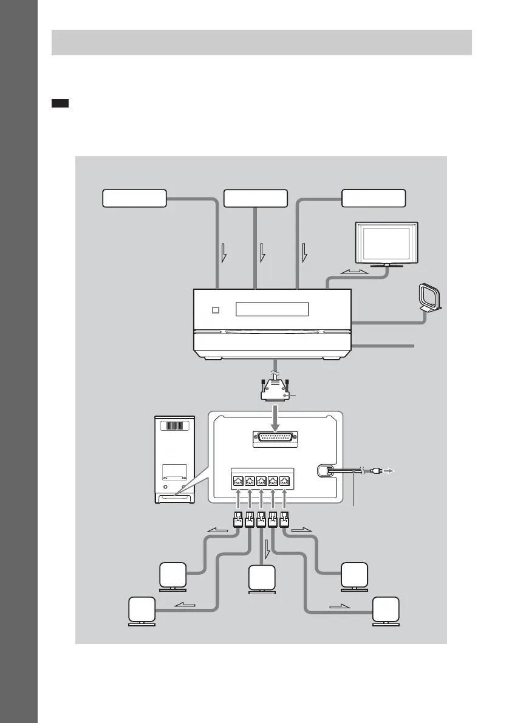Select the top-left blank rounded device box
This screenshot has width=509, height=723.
(134, 198)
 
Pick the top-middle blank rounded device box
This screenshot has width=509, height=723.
(256, 198)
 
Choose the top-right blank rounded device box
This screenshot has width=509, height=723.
(373, 198)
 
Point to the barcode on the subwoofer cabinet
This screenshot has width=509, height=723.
(175, 425)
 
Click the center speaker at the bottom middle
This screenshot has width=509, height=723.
(262, 578)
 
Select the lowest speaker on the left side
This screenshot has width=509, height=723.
(142, 611)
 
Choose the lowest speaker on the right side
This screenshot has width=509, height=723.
(386, 611)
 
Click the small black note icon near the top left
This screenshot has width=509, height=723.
(60, 104)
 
